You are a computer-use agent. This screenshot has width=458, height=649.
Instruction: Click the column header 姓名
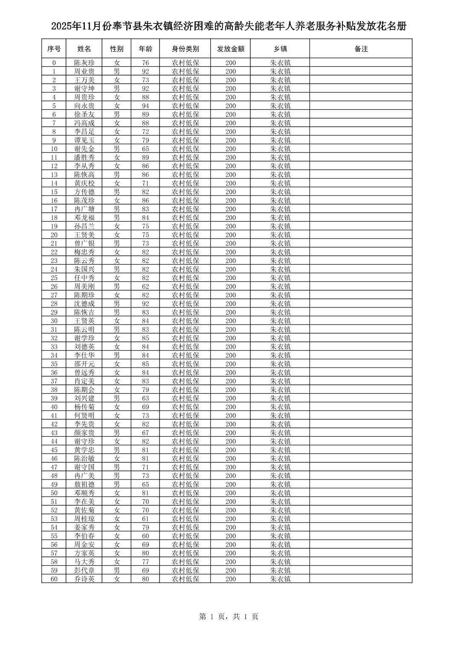point(84,49)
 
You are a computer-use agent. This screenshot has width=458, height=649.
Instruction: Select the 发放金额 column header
point(230,49)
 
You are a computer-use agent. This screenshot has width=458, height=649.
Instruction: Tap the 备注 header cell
point(361,49)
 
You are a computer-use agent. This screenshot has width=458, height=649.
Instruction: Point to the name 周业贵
point(84,71)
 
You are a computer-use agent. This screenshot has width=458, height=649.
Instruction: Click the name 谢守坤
point(84,88)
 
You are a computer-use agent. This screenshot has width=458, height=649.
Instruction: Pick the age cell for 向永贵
point(145,106)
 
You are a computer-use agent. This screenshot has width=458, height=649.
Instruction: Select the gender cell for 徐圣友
point(117,114)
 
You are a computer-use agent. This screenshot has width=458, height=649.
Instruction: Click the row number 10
point(54,149)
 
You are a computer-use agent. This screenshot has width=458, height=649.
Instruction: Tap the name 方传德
point(84,192)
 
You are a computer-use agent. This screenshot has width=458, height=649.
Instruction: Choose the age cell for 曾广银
point(145,243)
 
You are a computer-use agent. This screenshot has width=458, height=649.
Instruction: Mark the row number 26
point(54,286)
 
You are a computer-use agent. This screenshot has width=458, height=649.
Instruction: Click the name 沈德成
point(84,304)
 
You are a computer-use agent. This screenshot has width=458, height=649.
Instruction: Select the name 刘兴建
point(84,398)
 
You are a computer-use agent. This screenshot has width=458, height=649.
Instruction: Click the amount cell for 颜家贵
point(230,433)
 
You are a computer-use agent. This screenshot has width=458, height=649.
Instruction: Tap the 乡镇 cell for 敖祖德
point(280,484)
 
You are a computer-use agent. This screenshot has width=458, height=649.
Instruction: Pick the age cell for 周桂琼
point(145,519)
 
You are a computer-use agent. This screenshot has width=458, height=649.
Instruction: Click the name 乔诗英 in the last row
point(84,579)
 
